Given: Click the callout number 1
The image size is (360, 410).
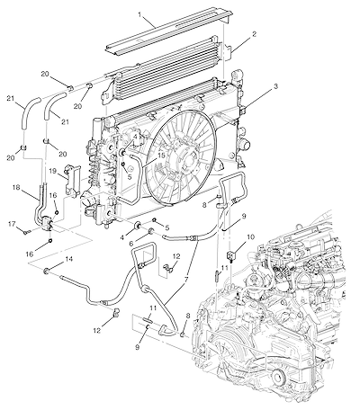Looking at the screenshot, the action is point(139,14).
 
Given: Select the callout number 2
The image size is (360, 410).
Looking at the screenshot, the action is point(255,34).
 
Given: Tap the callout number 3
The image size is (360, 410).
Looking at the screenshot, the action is point(275,86).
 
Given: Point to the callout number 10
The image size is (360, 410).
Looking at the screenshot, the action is point(250,237).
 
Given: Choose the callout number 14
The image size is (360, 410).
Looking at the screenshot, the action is point(69,259).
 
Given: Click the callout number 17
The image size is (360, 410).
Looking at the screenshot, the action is point(13,224).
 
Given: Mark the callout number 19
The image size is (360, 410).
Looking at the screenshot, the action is point(53,171).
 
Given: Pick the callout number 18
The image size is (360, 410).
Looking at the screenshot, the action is point(16,188).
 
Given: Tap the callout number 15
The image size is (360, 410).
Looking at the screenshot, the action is point(161,156).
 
